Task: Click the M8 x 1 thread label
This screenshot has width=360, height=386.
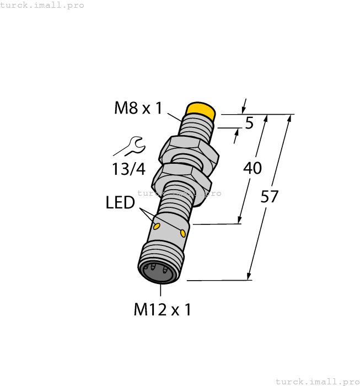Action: pyautogui.click(x=138, y=108)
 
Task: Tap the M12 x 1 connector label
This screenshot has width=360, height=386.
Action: pyautogui.click(x=162, y=310)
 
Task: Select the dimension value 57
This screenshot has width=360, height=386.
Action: pyautogui.click(x=270, y=196)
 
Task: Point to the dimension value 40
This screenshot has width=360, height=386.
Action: pyautogui.click(x=252, y=168)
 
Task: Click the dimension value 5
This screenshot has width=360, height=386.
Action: pyautogui.click(x=249, y=124)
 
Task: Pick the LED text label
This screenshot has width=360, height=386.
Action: pyautogui.click(x=120, y=203)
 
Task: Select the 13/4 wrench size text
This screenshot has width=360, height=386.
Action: pyautogui.click(x=128, y=169)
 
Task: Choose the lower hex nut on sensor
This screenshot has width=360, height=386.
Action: pyautogui.click(x=181, y=175)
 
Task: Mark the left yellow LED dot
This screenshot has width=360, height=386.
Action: pyautogui.click(x=157, y=226)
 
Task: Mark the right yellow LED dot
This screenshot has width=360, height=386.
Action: pyautogui.click(x=183, y=233)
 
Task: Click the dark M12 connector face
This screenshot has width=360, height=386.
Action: pyautogui.click(x=158, y=272)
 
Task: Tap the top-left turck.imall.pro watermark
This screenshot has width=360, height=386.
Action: pyautogui.click(x=42, y=5)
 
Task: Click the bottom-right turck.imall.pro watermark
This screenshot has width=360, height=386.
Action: pyautogui.click(x=316, y=381)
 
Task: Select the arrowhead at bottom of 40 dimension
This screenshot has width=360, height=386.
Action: pyautogui.click(x=240, y=220)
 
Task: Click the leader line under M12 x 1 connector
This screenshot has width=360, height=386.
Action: pyautogui.click(x=161, y=292)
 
